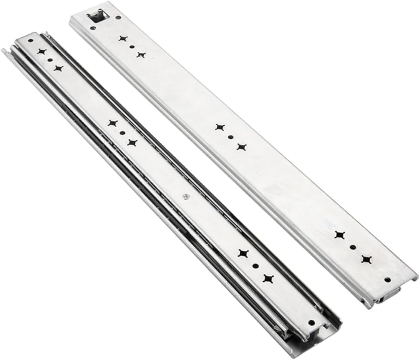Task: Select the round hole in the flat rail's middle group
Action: click(231, 137)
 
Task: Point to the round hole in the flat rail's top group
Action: click(132, 47)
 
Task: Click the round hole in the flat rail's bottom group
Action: click(353, 247)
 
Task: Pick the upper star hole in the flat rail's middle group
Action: click(220, 128)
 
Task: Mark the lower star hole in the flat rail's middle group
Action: click(241, 147)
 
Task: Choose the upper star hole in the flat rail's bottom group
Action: click(340, 235)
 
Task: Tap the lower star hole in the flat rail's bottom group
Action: click(366, 259)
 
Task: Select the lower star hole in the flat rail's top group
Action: click(141, 55)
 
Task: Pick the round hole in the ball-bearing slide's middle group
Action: click(122, 132)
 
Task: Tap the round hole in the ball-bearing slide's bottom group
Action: click(255, 265)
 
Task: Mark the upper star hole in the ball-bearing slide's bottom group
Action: click(243, 253)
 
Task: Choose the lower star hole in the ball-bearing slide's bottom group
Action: click(267, 278)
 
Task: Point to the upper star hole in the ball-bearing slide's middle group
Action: click(112, 123)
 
